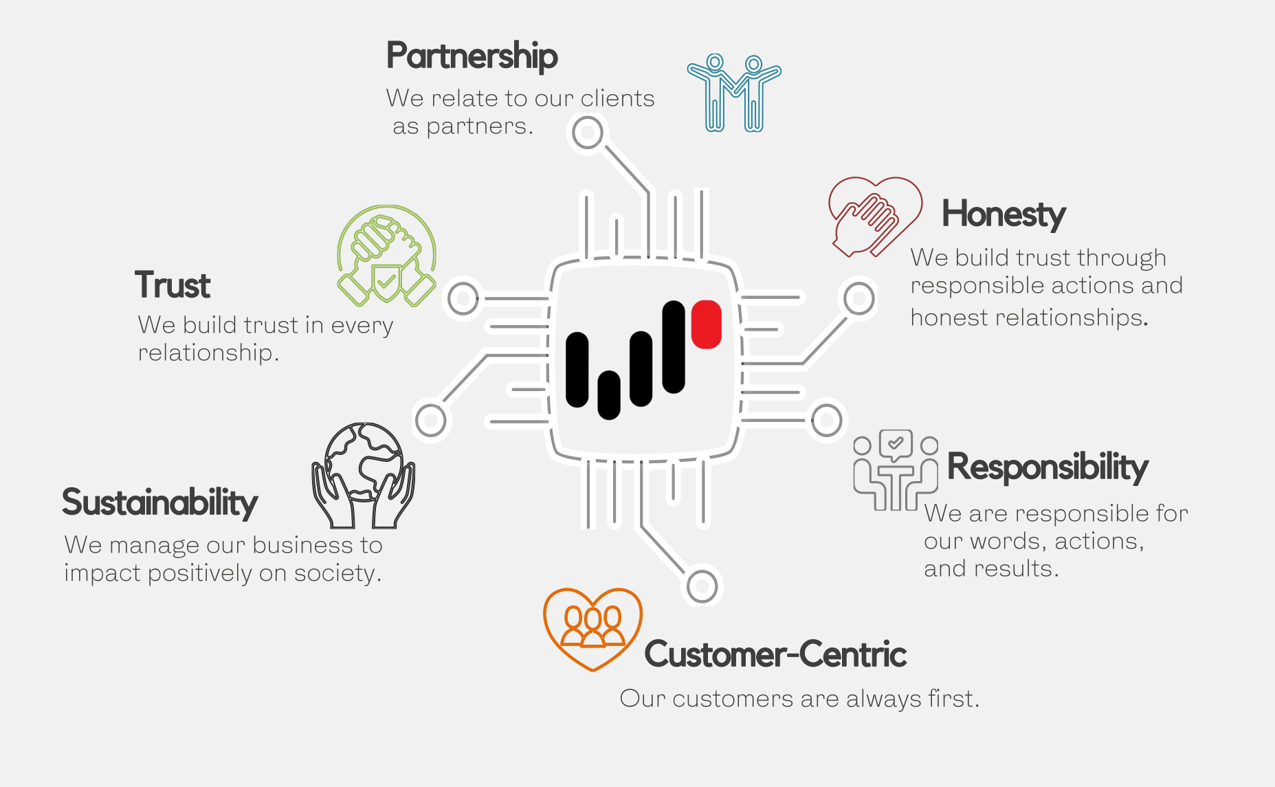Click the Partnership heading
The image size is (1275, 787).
472,56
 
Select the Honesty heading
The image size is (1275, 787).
1004,214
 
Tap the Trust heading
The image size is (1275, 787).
173,285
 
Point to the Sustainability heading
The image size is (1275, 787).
159,502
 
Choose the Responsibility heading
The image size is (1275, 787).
1047,467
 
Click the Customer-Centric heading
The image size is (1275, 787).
775,654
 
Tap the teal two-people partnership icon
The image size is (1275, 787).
734,93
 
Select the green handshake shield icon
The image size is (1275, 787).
386,256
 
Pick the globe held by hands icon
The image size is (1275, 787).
364,475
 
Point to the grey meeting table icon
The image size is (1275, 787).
896,470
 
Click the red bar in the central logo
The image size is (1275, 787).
706,324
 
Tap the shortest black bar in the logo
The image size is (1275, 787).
609,395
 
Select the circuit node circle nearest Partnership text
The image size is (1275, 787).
588,133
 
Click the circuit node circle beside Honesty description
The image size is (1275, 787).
859,299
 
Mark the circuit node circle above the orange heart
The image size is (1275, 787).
702,587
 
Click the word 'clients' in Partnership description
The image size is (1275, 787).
617,98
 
